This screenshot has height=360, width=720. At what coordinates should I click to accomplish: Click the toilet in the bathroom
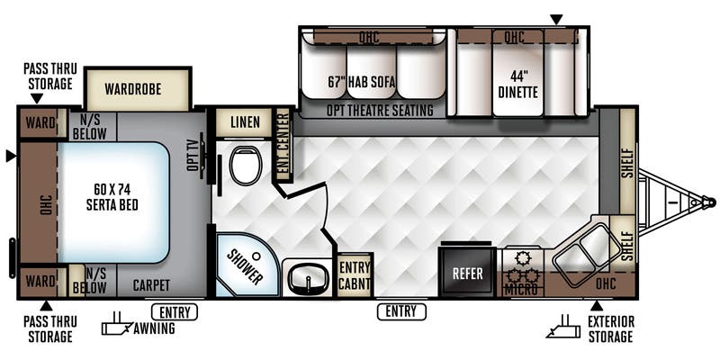pyautogui.click(x=246, y=166)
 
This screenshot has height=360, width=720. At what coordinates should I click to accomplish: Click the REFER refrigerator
pyautogui.click(x=467, y=274)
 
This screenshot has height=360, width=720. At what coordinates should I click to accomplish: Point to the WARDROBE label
pyautogui.click(x=132, y=88)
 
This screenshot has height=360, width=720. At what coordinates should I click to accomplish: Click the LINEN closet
pyautogui.click(x=245, y=122)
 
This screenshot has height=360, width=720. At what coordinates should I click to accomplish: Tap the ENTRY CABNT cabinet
pyautogui.click(x=355, y=275)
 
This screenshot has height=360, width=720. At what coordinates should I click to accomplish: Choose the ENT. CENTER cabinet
pyautogui.click(x=283, y=146)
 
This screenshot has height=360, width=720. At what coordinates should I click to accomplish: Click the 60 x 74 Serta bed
pyautogui.click(x=113, y=202)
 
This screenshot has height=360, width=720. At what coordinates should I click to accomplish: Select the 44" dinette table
pyautogui.click(x=517, y=73)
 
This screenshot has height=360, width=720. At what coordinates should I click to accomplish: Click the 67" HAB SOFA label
pyautogui.click(x=362, y=82)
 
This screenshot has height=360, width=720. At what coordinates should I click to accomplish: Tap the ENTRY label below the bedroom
pyautogui.click(x=175, y=312)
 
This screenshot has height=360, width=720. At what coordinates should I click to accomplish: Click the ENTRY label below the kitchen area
pyautogui.click(x=401, y=312)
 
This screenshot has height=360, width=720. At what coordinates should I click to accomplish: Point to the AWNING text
pyautogui.click(x=154, y=328)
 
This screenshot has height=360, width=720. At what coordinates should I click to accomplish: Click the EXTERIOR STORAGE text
pyautogui.click(x=611, y=328)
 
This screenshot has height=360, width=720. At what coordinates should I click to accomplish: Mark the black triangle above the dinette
pyautogui.click(x=556, y=19)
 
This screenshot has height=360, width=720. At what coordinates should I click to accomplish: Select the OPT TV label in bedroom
pyautogui.click(x=193, y=158)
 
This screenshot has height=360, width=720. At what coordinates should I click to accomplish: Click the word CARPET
pyautogui.click(x=151, y=285)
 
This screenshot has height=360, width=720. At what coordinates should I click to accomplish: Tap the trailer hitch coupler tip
pyautogui.click(x=712, y=202)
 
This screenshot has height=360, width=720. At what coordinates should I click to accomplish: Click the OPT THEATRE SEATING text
pyautogui.click(x=380, y=110)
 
